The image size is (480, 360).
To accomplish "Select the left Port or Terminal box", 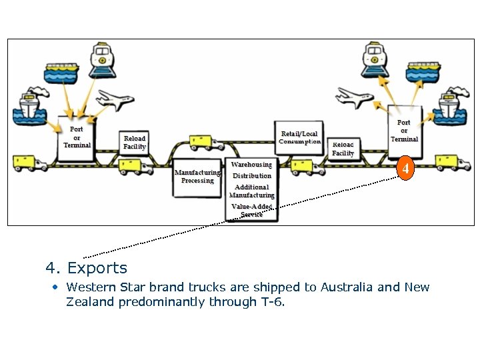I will (x=76, y=139).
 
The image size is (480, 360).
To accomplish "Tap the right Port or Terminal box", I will (x=403, y=131).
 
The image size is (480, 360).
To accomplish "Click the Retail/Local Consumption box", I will (x=299, y=138).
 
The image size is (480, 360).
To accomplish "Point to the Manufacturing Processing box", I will (x=197, y=177).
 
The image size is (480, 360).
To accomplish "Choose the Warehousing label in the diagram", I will (x=251, y=164).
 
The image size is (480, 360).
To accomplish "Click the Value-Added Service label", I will (x=251, y=211).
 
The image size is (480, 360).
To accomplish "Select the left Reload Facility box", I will (x=135, y=143).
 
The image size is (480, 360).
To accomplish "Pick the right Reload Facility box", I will (x=343, y=149).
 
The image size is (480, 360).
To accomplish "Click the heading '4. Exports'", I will (x=86, y=268).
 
